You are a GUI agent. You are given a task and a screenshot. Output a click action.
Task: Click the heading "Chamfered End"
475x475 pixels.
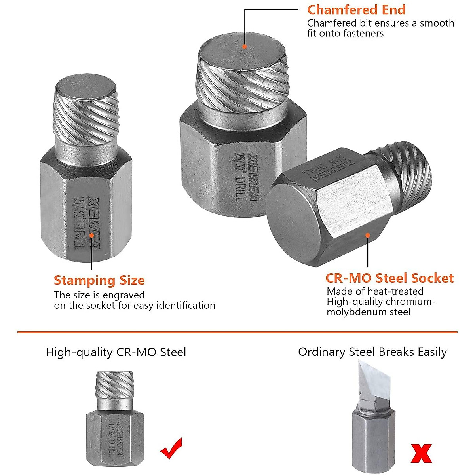356,9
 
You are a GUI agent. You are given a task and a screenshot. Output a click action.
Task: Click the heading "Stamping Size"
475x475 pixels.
99,280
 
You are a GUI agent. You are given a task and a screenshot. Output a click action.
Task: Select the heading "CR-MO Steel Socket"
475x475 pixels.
389,278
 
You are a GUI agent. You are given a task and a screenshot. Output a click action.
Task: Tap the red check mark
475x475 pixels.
171,448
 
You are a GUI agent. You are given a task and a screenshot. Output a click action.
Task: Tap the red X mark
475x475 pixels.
421,453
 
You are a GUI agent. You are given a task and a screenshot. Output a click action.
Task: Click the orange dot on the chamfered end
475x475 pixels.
245,46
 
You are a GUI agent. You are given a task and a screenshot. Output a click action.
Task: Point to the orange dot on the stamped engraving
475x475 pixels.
91,235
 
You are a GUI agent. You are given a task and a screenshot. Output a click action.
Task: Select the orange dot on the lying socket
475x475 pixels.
368,235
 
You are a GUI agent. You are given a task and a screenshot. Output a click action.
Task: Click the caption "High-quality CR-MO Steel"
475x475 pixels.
116,352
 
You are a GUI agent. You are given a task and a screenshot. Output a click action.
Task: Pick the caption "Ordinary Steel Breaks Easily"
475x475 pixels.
372,352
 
